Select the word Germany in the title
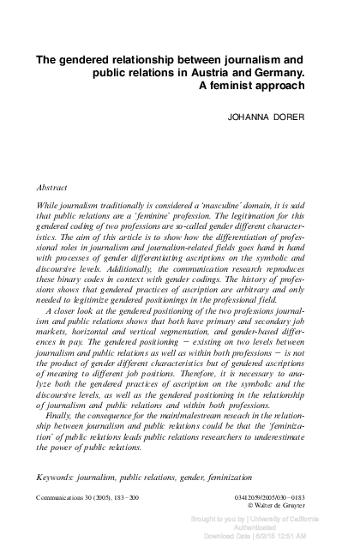point(275,74)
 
